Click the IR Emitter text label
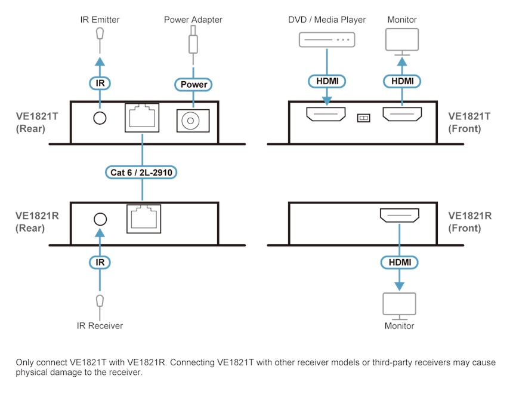tap(100, 20)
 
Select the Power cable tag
tap(193, 84)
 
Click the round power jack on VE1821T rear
tap(191, 121)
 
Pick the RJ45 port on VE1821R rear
tap(143, 218)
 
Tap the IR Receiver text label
tap(100, 325)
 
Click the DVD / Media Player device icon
tap(326, 40)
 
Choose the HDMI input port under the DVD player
tap(326, 115)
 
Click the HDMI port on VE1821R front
tap(399, 216)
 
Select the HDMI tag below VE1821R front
tap(399, 261)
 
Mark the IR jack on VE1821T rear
tap(100, 118)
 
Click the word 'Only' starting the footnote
tap(25, 362)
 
